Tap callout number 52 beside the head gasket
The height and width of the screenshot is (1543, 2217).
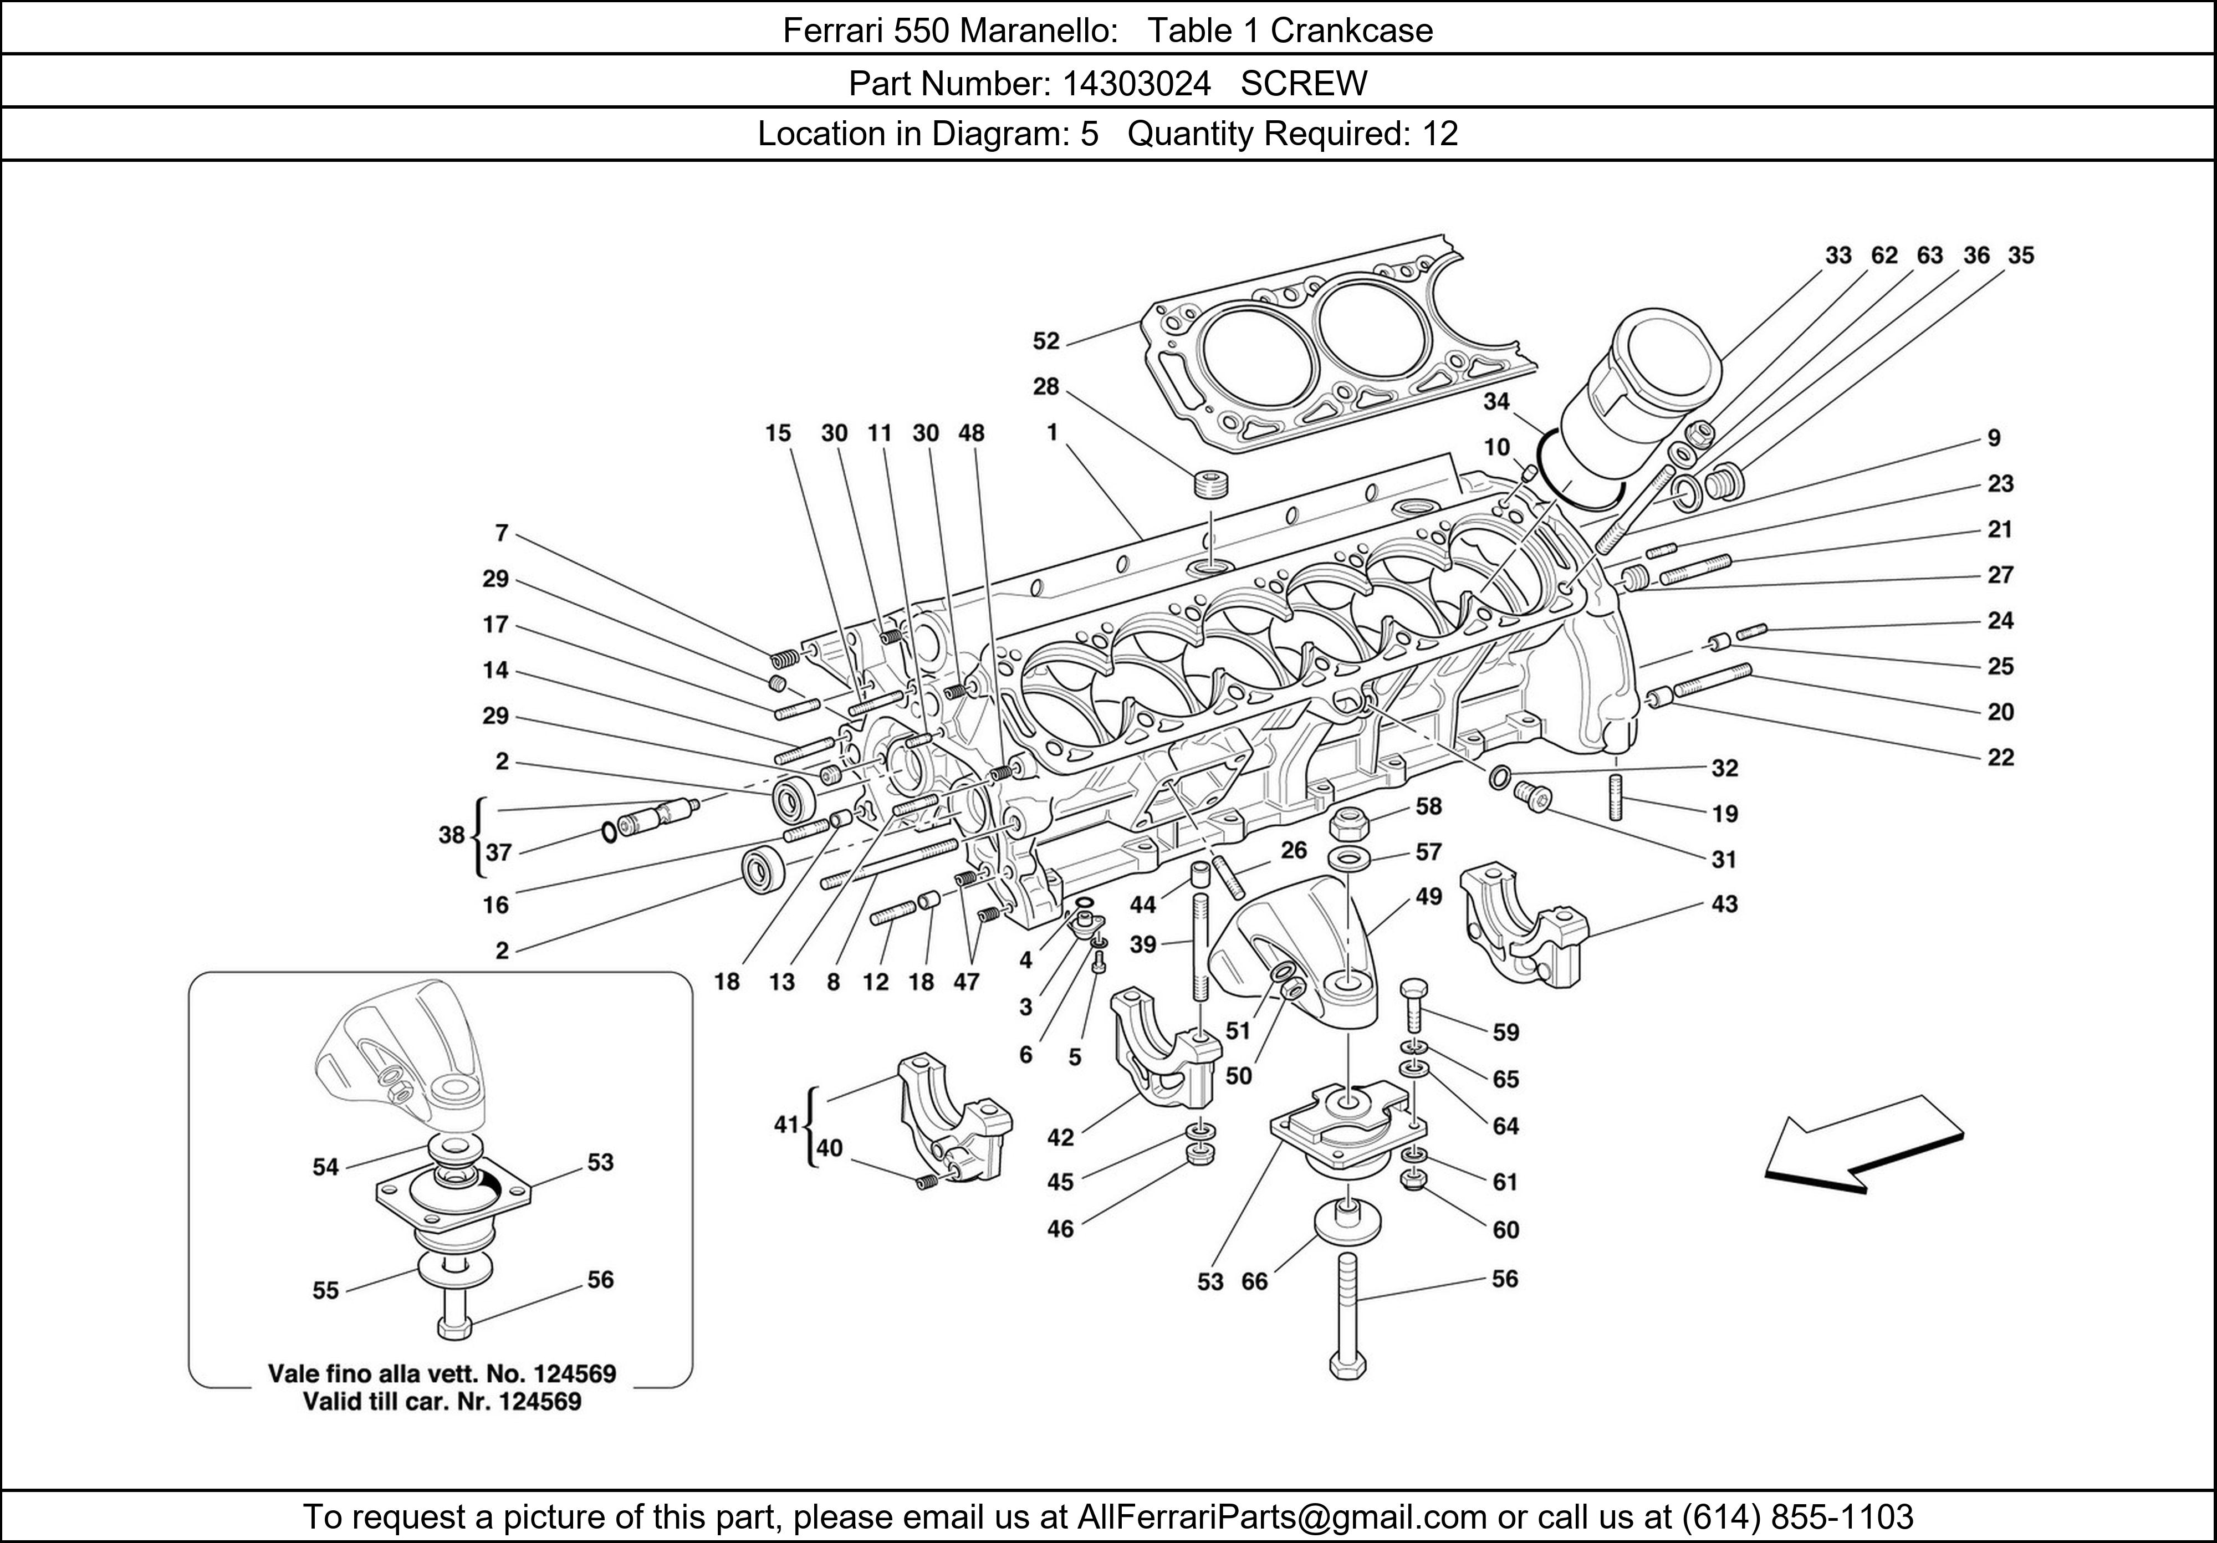point(1046,341)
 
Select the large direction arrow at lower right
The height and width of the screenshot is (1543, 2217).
point(1863,1149)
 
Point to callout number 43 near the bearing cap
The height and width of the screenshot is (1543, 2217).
point(1724,904)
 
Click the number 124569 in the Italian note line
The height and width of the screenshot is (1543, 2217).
point(575,1373)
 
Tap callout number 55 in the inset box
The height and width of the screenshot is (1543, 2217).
point(325,1290)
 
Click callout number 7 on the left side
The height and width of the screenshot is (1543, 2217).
point(501,533)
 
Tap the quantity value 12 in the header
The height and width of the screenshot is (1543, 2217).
point(1440,133)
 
